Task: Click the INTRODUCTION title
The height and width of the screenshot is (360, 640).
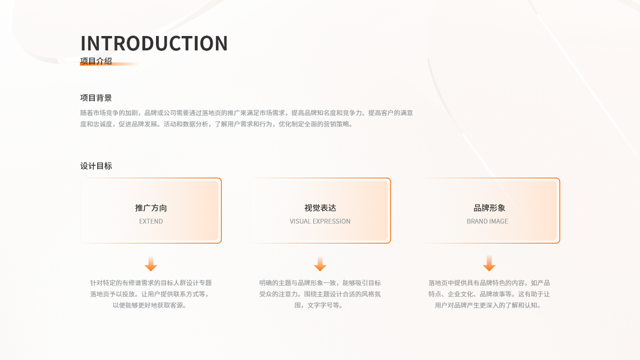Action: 154,43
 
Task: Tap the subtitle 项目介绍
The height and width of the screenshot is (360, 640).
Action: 96,61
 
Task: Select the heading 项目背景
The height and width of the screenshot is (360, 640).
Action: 96,98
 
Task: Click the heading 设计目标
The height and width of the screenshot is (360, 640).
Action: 96,166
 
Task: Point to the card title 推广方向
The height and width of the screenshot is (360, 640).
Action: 151,208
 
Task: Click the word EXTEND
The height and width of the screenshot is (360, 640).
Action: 151,221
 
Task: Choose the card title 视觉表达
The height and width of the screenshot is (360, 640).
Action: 320,208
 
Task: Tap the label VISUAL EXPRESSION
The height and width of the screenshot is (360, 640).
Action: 320,221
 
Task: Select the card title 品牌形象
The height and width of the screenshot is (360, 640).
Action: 489,208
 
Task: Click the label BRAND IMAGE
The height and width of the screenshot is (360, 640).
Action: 487,221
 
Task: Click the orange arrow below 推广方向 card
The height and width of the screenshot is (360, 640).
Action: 151,264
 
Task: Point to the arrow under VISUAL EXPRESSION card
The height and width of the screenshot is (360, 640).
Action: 320,264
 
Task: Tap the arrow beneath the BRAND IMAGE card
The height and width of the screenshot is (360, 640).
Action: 489,264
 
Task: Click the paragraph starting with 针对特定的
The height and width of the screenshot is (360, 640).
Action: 151,294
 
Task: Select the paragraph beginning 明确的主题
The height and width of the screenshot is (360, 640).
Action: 320,294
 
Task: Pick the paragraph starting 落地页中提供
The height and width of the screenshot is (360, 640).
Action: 489,294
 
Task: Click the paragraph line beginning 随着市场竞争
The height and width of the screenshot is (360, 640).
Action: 246,113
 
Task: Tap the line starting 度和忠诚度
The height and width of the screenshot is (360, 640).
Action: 217,124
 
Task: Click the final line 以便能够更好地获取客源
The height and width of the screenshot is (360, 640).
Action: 151,305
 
